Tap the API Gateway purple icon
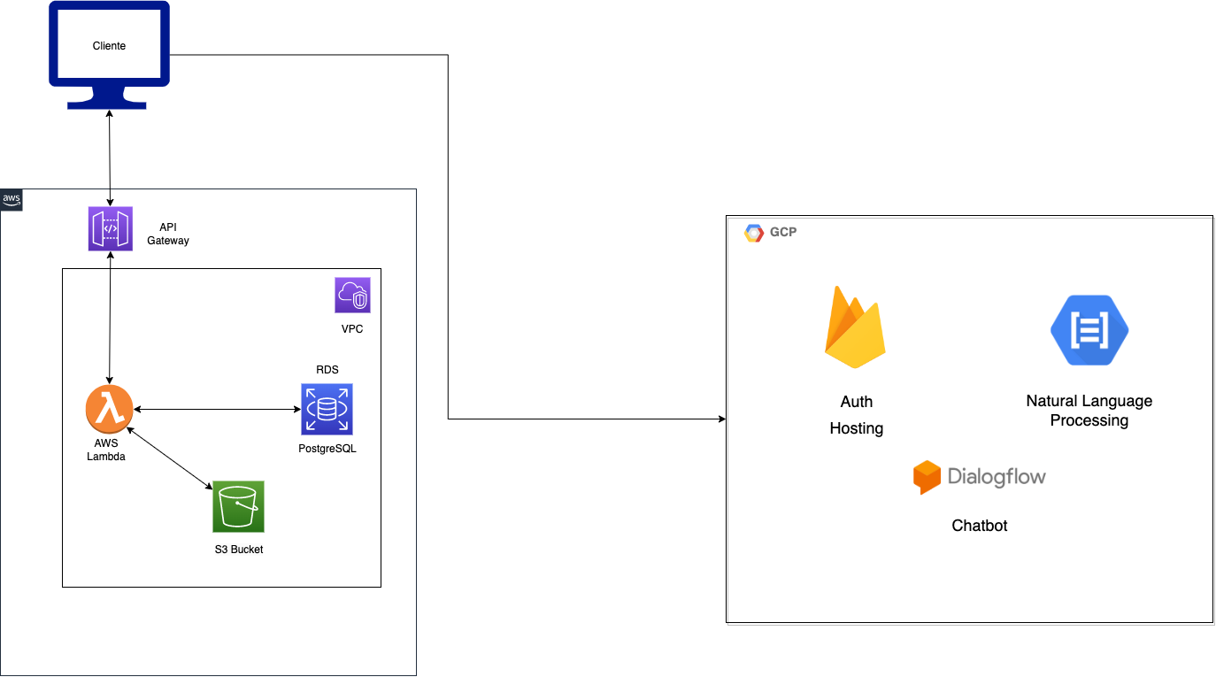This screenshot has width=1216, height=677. pyautogui.click(x=111, y=228)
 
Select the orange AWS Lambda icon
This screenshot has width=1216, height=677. pyautogui.click(x=109, y=410)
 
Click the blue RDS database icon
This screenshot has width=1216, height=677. pyautogui.click(x=327, y=409)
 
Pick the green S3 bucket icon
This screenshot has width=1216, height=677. pyautogui.click(x=238, y=506)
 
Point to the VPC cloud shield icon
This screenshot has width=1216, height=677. pyautogui.click(x=352, y=295)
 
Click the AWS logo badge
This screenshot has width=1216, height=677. pyautogui.click(x=12, y=200)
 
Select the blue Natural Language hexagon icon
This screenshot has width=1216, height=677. pyautogui.click(x=1089, y=329)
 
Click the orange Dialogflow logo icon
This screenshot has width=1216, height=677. pyautogui.click(x=926, y=477)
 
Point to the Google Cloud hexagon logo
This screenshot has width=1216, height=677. pyautogui.click(x=754, y=233)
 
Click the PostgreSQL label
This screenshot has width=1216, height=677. pyautogui.click(x=327, y=449)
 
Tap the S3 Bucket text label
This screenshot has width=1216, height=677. pyautogui.click(x=239, y=550)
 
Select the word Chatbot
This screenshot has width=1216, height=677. pyautogui.click(x=980, y=526)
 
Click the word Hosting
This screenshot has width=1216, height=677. pyautogui.click(x=856, y=428)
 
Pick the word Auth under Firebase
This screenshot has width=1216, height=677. pyautogui.click(x=856, y=402)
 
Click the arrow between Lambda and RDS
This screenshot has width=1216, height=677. pyautogui.click(x=217, y=409)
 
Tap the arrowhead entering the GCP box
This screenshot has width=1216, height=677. pyautogui.click(x=721, y=419)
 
